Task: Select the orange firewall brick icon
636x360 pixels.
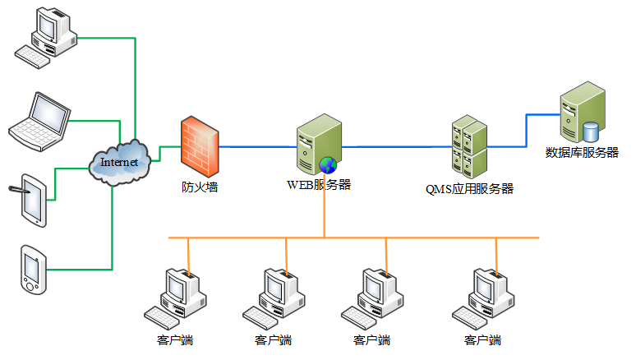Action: coord(199,145)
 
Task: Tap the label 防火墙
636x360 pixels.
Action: coord(200,187)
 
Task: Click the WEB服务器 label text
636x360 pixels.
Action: coord(319,184)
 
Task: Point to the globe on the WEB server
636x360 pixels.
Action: coord(328,165)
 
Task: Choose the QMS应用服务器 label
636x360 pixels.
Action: coord(469,188)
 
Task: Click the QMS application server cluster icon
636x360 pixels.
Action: coord(469,149)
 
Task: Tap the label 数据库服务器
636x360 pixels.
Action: coord(582,152)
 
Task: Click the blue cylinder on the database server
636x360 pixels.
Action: coord(590,131)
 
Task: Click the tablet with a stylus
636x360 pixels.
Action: coord(31,197)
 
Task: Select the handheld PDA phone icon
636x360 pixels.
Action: coord(33,269)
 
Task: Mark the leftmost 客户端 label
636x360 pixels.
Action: coord(174,339)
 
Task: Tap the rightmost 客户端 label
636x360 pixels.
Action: coord(482,339)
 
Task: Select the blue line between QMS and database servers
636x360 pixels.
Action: coord(526,132)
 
